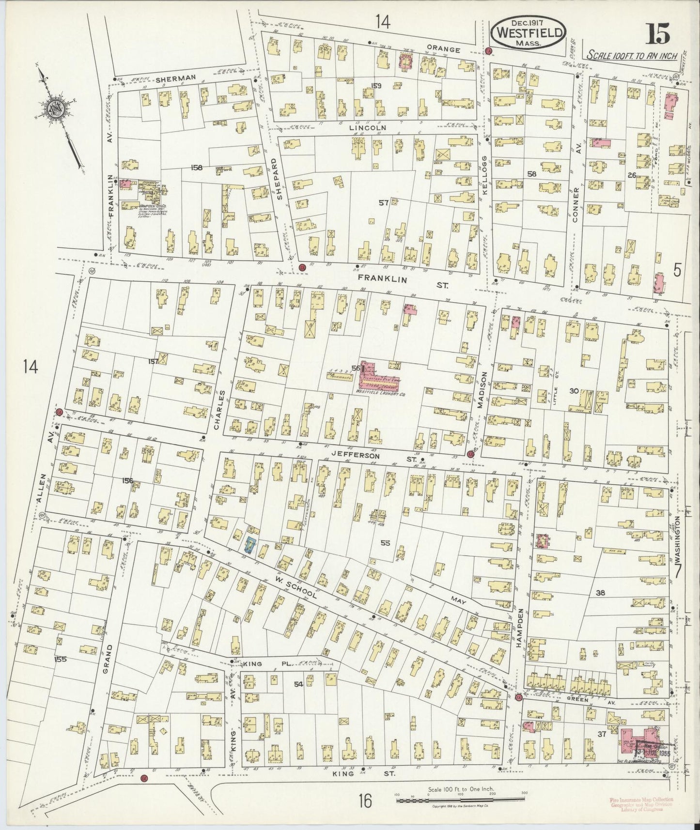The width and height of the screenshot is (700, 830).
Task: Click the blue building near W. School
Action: click(x=250, y=545)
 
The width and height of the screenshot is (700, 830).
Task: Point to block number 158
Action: click(x=196, y=168)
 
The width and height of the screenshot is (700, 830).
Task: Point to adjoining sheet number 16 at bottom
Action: click(x=365, y=802)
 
